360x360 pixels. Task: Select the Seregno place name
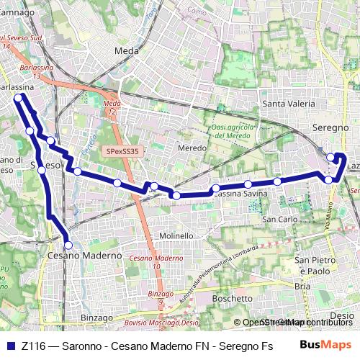click(x=330, y=127)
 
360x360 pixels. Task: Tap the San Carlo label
click(x=279, y=218)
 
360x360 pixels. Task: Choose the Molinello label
click(x=176, y=235)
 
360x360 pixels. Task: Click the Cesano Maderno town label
click(x=85, y=256)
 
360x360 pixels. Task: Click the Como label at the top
click(x=196, y=11)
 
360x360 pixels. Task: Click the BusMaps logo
click(x=325, y=345)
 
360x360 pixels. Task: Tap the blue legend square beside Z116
click(x=11, y=346)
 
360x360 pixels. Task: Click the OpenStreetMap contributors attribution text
click(x=298, y=323)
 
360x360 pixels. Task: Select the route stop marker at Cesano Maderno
click(x=68, y=245)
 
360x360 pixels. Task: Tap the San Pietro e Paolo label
click(x=315, y=264)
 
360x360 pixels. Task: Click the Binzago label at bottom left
click(x=97, y=318)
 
